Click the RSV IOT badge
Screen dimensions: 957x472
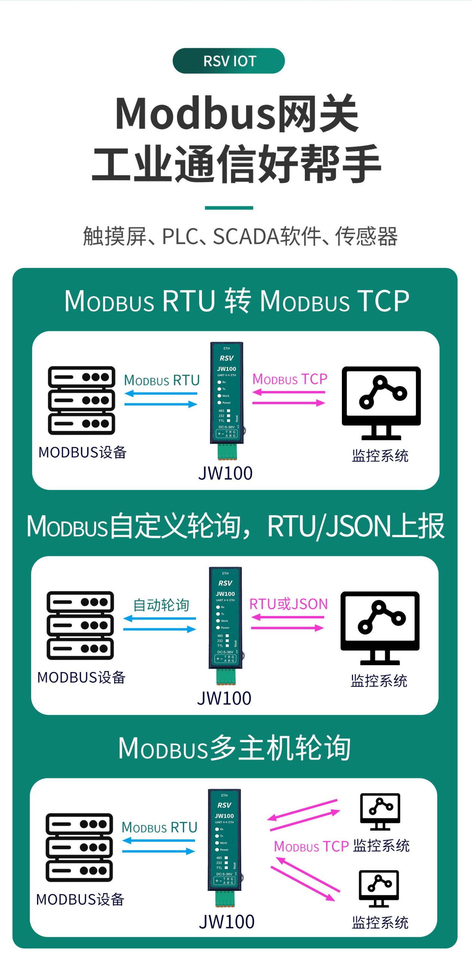point(229,61)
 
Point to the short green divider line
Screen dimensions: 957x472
point(229,207)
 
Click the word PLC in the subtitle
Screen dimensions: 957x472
point(180,236)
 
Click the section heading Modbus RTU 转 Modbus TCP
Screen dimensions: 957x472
point(236,301)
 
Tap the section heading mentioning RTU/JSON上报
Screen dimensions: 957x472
point(236,526)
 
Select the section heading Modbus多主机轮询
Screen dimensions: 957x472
point(235,748)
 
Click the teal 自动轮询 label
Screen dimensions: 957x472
point(161,604)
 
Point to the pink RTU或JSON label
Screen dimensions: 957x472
point(288,604)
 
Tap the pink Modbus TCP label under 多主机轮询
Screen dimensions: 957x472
point(311,846)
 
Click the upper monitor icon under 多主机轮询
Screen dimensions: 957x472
point(380,811)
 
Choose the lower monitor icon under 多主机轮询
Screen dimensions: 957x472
point(379,888)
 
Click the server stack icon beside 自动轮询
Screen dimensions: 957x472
point(80,625)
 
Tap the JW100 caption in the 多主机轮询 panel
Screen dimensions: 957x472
point(227,921)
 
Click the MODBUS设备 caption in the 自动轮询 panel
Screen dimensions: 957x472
point(81,677)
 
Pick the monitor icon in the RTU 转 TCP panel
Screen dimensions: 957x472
point(381,403)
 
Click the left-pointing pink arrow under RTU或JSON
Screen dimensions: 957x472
point(287,617)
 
